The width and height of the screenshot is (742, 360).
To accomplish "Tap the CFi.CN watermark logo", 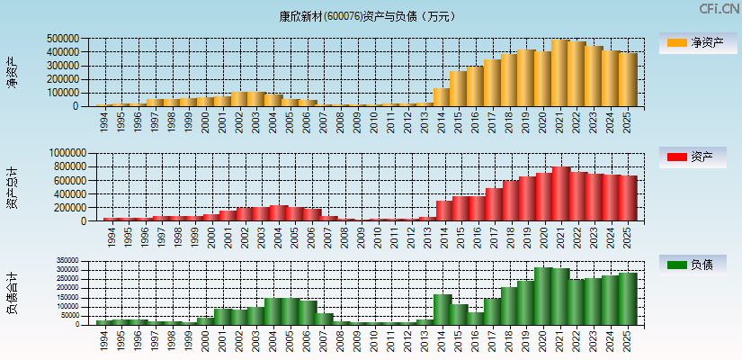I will tap(719, 9).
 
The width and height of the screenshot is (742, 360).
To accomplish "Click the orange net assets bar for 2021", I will tap(560, 73).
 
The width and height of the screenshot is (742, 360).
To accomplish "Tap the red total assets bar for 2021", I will tap(560, 194).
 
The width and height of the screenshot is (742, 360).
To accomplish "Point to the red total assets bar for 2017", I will tap(494, 205).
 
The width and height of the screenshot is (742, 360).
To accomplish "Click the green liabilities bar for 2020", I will tap(543, 296).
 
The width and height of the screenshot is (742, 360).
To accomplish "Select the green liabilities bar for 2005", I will tap(291, 311).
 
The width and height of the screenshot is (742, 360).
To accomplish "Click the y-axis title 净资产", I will tap(12, 72).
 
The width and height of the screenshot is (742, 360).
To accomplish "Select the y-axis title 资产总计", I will tap(12, 188).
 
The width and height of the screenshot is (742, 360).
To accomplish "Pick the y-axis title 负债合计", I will tap(12, 293).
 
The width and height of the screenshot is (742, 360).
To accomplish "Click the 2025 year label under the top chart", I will tap(627, 121).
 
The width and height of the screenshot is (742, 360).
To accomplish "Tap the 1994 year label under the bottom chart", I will tap(104, 339).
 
